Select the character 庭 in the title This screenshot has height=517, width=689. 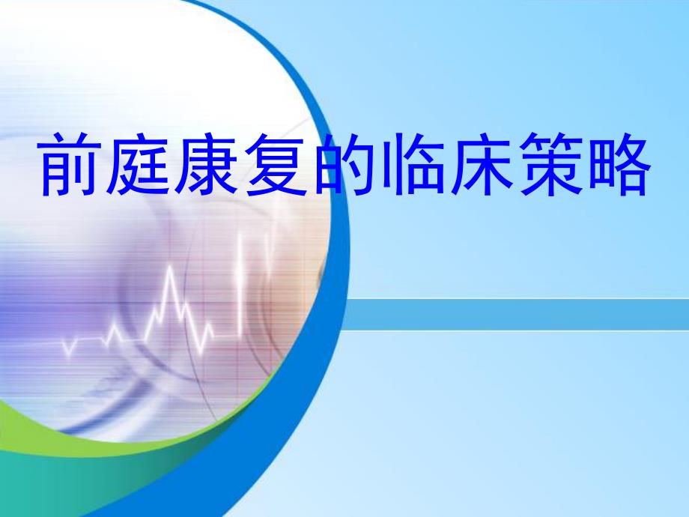(138, 164)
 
